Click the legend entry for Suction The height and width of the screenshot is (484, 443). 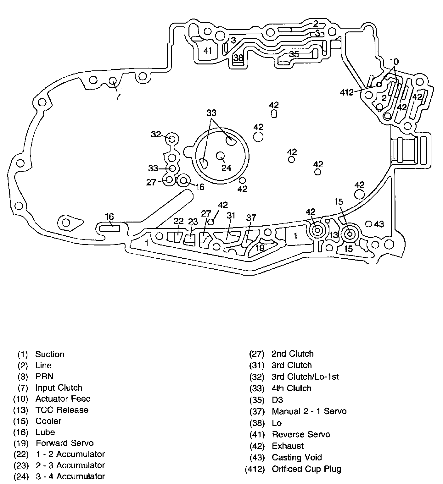pos(49,354)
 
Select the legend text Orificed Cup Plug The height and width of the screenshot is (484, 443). pos(306,469)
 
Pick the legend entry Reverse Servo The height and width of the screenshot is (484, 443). pos(301,434)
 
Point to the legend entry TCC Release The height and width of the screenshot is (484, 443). pos(62,410)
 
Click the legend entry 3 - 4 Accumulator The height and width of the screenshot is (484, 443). pos(70,476)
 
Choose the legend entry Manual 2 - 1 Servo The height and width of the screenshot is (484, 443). pos(309,411)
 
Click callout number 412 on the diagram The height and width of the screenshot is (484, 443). pos(347,92)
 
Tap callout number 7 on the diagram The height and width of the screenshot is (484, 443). pos(118,96)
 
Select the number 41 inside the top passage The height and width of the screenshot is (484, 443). pos(207,51)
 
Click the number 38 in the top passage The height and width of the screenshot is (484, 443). pos(238,58)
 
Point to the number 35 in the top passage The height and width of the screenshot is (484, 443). pos(294,54)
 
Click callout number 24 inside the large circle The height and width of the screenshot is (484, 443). pos(226,168)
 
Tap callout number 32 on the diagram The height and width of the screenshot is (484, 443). pos(156,135)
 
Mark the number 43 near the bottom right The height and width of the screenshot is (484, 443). pos(379,224)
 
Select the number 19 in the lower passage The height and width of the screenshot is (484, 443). pos(260,248)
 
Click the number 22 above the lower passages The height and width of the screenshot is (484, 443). pos(178,221)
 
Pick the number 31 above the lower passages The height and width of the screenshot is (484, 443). pos(231,215)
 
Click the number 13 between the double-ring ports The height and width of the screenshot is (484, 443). pos(334,235)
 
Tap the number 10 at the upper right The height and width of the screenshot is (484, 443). pos(394,62)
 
